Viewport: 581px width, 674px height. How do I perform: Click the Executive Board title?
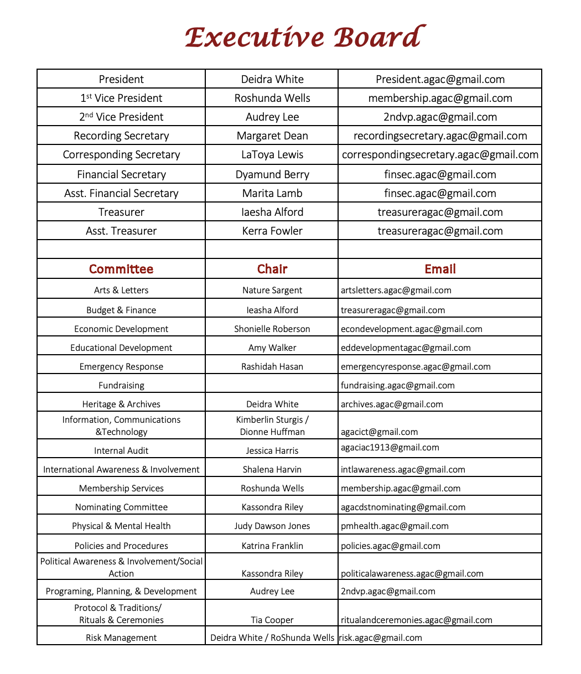pos(305,38)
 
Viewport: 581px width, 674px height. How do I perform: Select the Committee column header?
pos(121,269)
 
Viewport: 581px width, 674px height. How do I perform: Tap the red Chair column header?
pos(272,269)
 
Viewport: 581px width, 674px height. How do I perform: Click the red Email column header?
pos(440,269)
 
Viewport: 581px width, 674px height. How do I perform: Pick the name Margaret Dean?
pos(272,136)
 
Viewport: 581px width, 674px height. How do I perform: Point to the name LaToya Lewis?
pos(272,154)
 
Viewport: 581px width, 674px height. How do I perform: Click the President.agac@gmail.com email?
pos(440,79)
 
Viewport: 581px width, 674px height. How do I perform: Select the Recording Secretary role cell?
pos(121,136)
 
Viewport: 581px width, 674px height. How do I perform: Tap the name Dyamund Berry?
pos(272,174)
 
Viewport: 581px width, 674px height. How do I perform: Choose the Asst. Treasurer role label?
pos(121,231)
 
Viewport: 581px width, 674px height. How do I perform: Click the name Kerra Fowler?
pos(272,231)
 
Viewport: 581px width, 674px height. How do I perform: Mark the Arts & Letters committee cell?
pos(121,290)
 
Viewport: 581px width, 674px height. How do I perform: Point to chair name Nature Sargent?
pos(272,290)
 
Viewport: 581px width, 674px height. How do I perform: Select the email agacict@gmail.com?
pos(379,432)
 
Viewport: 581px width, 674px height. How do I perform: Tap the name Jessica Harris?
pos(272,450)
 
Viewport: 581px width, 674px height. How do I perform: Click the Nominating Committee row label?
pos(121,507)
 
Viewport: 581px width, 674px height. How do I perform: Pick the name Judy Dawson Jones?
pos(272,526)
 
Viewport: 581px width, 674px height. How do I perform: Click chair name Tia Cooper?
pos(272,620)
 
